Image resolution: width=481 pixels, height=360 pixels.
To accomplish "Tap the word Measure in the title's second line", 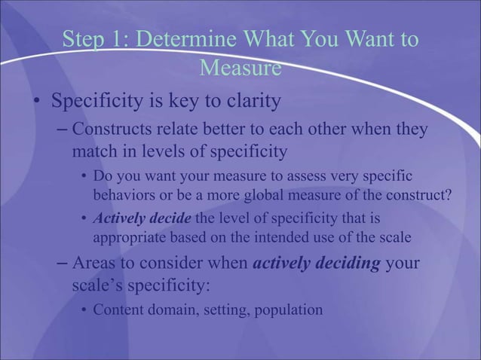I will tap(240, 69).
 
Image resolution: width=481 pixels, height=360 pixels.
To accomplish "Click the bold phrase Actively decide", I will tap(142, 219).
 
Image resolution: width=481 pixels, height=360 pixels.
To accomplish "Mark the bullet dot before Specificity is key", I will tap(35, 101).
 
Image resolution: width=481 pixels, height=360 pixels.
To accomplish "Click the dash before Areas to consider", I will tap(63, 266).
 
